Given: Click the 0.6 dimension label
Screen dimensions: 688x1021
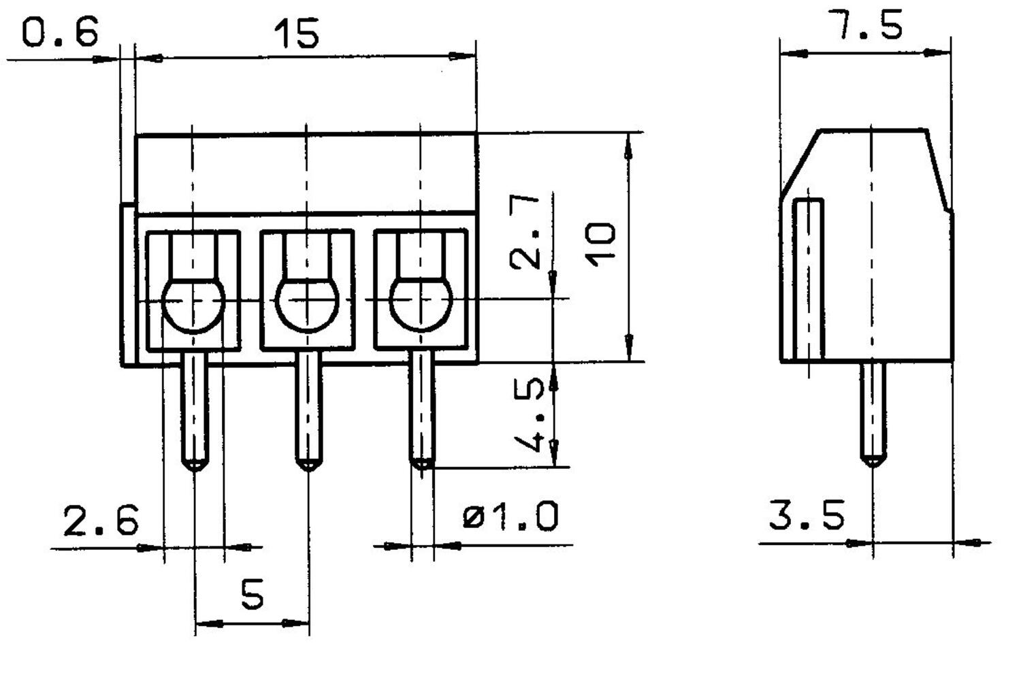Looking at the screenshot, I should tap(60, 32).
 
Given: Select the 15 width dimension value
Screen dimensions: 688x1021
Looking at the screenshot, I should tap(296, 33).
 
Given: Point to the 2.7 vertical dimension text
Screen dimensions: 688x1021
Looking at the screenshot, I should tap(526, 231).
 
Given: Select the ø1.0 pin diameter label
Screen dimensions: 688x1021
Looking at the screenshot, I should tap(510, 517).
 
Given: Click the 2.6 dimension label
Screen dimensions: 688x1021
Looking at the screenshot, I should tap(101, 521).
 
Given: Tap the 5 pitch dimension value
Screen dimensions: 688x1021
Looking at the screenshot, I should tap(252, 595).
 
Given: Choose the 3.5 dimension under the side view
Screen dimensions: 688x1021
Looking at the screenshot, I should tap(807, 515).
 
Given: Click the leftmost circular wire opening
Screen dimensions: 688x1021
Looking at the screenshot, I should tap(193, 304).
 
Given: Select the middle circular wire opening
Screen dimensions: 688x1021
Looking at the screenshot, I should tap(307, 304).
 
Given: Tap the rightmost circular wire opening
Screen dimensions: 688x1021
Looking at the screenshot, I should tap(421, 304).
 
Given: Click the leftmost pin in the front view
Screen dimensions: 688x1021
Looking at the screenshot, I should tap(195, 408).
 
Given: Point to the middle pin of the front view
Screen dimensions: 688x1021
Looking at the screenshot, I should tap(308, 408).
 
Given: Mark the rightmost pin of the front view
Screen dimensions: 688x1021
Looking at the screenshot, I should tap(422, 408).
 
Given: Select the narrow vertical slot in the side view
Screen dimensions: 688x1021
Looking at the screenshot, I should tap(809, 279).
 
